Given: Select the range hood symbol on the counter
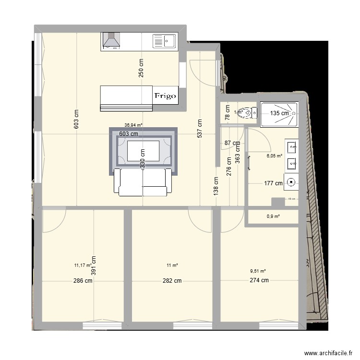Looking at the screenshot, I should point(112,41).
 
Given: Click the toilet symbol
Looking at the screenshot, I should point(247,113).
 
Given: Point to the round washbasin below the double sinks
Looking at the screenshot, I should point(291,182).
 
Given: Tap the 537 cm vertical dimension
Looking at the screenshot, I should point(199,128).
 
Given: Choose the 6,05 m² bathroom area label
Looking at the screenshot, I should point(274,156).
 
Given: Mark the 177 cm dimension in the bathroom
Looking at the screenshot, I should point(274,183).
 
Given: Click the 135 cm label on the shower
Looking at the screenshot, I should point(279,113).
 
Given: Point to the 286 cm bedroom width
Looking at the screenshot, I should point(83,281).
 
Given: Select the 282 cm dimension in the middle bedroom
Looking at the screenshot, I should point(172,281).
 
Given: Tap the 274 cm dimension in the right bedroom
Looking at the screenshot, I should point(259,281).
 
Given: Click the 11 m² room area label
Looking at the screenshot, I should point(172,265).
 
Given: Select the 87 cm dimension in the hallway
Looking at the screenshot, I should point(232,143).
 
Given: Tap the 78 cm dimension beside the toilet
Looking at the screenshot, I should point(228,113).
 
